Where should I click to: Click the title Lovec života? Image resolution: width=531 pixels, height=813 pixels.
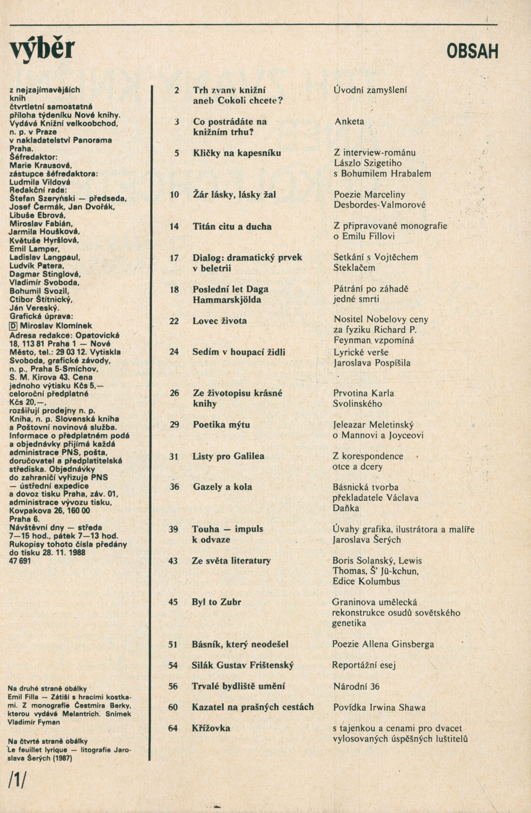point(220,321)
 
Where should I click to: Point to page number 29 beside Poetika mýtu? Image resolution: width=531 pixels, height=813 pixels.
point(174,425)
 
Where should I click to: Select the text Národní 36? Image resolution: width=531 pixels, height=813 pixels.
point(356,686)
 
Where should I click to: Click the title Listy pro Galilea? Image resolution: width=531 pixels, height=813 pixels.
point(228,456)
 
